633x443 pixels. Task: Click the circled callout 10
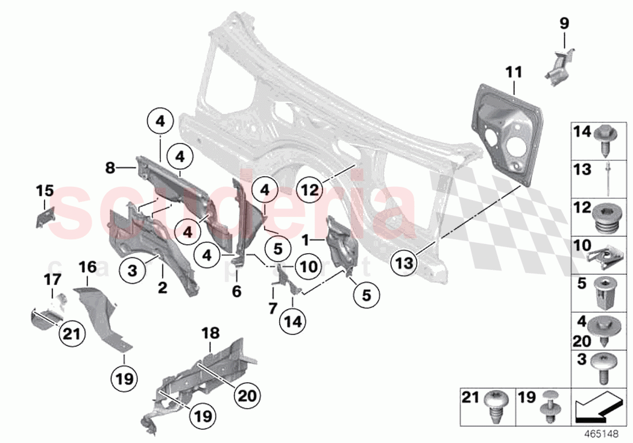tap(307, 266)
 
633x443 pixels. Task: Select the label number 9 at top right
tap(564, 25)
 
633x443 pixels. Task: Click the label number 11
tap(513, 72)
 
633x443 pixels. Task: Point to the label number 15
tap(44, 191)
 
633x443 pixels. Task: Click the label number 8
tap(110, 169)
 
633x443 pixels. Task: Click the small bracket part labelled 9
tap(560, 65)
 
